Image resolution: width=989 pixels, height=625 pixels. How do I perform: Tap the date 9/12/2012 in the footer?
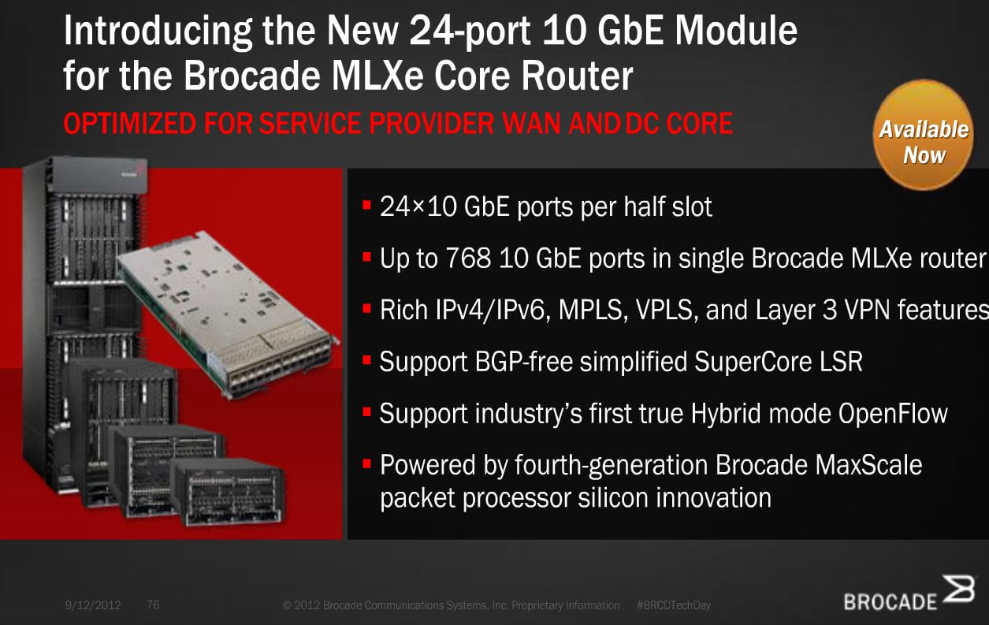click(93, 605)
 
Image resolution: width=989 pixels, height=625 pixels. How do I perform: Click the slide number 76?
click(153, 605)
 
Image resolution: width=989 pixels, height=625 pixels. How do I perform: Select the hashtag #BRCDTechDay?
click(674, 605)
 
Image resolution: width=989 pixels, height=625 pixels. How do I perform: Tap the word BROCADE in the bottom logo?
click(890, 602)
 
